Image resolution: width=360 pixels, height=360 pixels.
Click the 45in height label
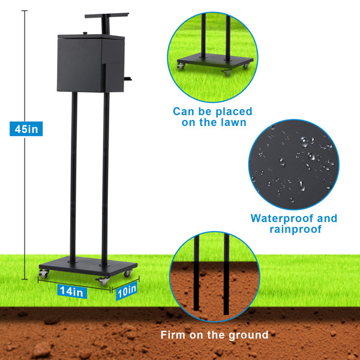[x=26, y=129]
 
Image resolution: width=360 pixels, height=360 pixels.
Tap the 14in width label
[x=72, y=292]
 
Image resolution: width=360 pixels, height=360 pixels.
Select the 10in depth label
[x=127, y=291]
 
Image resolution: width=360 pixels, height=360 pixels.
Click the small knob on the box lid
[x=85, y=34]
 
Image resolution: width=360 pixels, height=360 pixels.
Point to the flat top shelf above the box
[x=107, y=16]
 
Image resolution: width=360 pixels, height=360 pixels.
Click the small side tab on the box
[x=128, y=79]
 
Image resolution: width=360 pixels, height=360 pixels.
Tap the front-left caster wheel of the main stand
[x=44, y=274]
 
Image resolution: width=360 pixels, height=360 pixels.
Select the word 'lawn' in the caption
[x=233, y=122]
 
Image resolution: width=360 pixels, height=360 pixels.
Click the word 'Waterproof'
[x=282, y=218]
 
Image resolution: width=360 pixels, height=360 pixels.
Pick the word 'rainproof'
[x=295, y=229]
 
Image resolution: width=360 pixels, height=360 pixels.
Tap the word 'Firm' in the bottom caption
[x=173, y=335]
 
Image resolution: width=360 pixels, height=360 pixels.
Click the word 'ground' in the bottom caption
[x=248, y=335]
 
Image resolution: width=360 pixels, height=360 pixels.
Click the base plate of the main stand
[x=88, y=266]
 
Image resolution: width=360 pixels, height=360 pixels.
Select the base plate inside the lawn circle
[x=215, y=61]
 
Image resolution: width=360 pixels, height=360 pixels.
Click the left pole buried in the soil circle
[x=196, y=273]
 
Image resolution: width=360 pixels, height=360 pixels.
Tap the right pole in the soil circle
[x=226, y=274]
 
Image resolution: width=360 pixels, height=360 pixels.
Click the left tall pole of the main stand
[x=73, y=177]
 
